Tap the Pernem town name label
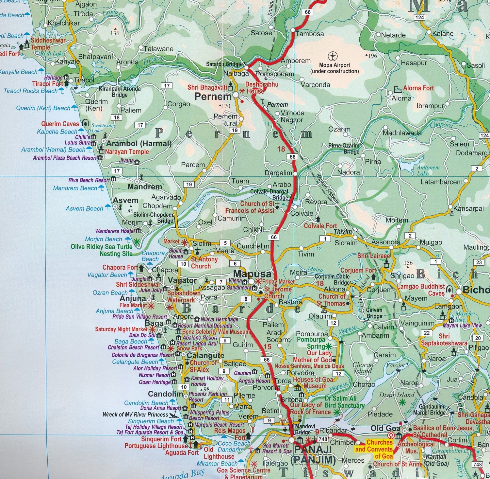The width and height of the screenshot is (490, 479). point(213,97)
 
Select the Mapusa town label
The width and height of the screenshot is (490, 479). point(252,274)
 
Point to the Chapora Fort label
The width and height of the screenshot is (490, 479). point(120,267)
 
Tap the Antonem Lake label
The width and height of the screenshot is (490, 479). point(428,170)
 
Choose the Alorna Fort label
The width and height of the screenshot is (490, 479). point(418,88)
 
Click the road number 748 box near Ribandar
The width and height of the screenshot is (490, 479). point(323,439)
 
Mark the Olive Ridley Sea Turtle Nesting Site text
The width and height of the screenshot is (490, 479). point(102,250)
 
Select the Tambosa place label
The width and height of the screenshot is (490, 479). point(310,34)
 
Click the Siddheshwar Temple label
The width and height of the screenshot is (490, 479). point(48,44)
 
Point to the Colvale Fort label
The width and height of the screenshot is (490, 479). point(320,226)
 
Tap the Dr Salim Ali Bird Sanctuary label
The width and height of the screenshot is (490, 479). point(345,402)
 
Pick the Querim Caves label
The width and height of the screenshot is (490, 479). point(60,124)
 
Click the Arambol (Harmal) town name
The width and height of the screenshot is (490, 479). point(139,143)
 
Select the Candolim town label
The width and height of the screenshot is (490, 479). point(165,394)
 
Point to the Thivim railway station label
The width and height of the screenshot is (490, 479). point(343,232)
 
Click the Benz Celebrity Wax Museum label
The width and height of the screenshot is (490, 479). point(216,332)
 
